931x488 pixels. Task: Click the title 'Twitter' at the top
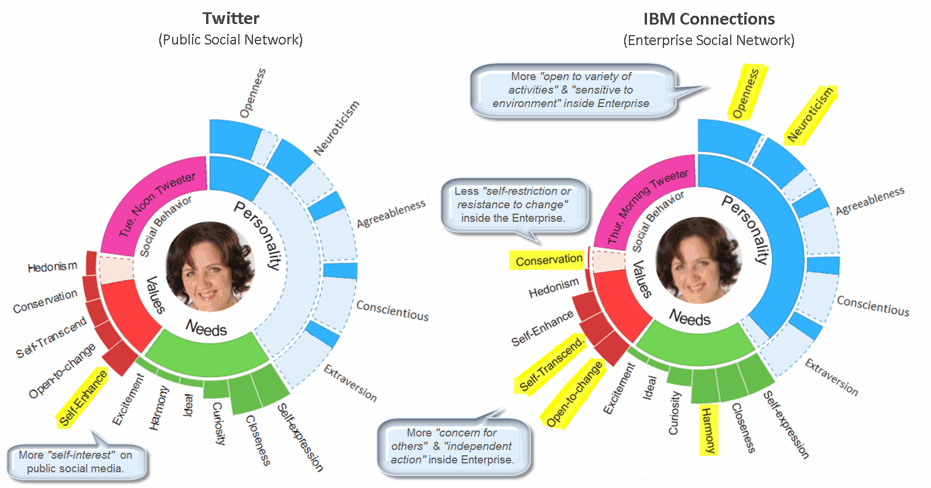(231, 18)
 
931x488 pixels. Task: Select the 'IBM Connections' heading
(708, 19)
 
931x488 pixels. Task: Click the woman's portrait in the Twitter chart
(209, 266)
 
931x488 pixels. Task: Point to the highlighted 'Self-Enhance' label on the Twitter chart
(83, 398)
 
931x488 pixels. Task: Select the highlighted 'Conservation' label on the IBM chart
(549, 260)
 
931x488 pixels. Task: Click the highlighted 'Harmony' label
(708, 430)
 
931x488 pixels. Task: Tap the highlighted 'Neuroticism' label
(810, 114)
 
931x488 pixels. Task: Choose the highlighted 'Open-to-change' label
(574, 393)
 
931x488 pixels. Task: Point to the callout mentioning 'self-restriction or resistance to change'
(513, 204)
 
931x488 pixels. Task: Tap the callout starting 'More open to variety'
(571, 90)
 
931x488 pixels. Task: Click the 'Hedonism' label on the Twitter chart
(52, 267)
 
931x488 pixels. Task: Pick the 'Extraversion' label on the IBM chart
(831, 377)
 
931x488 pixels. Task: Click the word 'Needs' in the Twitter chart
(206, 328)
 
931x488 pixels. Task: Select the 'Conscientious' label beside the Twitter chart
(392, 310)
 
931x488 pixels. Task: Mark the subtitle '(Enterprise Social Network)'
(708, 40)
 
